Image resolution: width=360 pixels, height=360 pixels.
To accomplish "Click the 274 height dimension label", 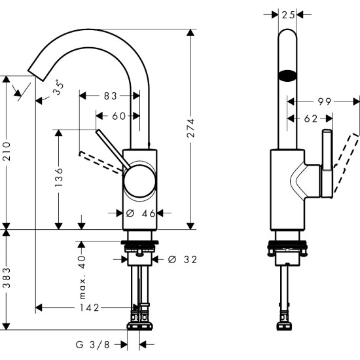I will [190, 129].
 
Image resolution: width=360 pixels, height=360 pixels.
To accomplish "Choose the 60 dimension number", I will [118, 116].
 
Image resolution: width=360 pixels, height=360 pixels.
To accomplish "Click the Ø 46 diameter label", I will [139, 213].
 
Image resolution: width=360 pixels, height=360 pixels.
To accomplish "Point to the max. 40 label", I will [82, 274].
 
